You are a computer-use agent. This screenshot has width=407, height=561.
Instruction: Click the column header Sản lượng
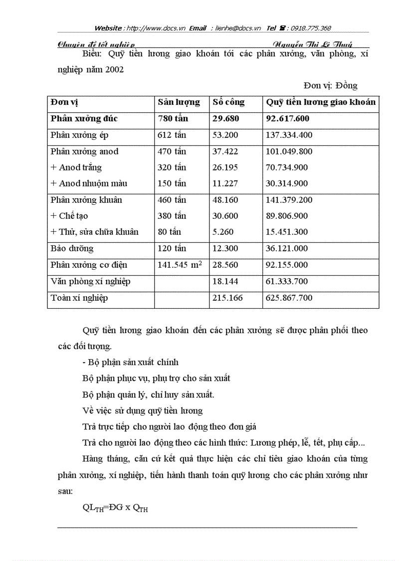coord(179,102)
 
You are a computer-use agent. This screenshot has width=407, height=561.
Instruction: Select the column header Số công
coord(228,102)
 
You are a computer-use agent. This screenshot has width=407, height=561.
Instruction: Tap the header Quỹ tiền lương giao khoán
coord(320,102)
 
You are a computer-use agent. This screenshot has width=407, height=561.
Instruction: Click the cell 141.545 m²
coord(180,265)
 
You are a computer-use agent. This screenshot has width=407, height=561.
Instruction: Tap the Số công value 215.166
coord(225,298)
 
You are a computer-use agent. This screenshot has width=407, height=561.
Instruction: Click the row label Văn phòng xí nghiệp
coord(90,281)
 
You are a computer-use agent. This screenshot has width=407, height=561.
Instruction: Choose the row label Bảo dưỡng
coord(72,248)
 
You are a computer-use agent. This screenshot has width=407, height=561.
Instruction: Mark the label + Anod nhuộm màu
coord(89,183)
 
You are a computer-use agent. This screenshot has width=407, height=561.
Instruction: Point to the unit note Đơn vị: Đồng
coord(330,85)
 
